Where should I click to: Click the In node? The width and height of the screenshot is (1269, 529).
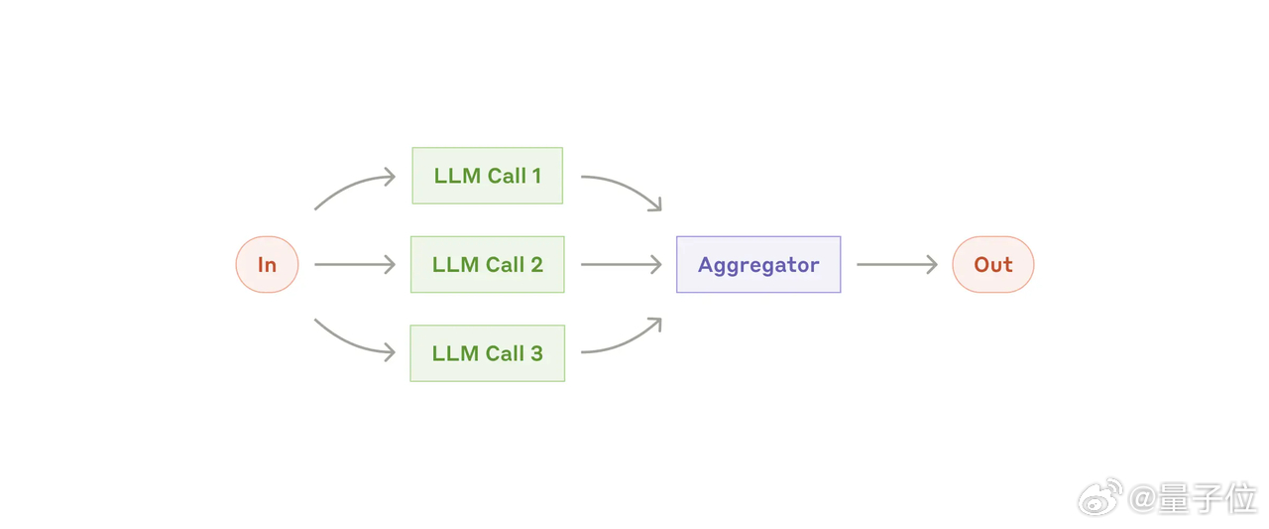point(267,264)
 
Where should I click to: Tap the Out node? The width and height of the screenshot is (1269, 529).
point(992,264)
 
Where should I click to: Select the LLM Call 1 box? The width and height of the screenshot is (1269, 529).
point(487,176)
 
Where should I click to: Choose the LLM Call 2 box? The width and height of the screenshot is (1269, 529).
point(487,264)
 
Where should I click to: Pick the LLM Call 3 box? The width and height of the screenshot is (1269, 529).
point(487,353)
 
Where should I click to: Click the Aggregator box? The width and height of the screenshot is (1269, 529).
point(758,264)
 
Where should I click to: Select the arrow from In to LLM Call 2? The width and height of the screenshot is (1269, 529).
point(355,264)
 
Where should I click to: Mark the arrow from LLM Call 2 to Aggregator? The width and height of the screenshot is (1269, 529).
point(622,264)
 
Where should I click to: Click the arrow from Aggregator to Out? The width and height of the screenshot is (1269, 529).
point(897,264)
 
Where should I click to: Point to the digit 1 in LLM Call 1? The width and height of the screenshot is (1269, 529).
point(535,176)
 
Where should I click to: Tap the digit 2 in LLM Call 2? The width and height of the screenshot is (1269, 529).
point(536,265)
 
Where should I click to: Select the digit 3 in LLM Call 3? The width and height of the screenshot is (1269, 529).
point(536,353)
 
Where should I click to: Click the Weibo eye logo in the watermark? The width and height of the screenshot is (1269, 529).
point(1099,497)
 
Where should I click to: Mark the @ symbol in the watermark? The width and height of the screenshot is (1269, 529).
point(1143,499)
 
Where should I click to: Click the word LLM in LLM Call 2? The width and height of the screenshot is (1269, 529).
point(456,265)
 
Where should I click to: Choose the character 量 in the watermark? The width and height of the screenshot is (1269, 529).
point(1176,498)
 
